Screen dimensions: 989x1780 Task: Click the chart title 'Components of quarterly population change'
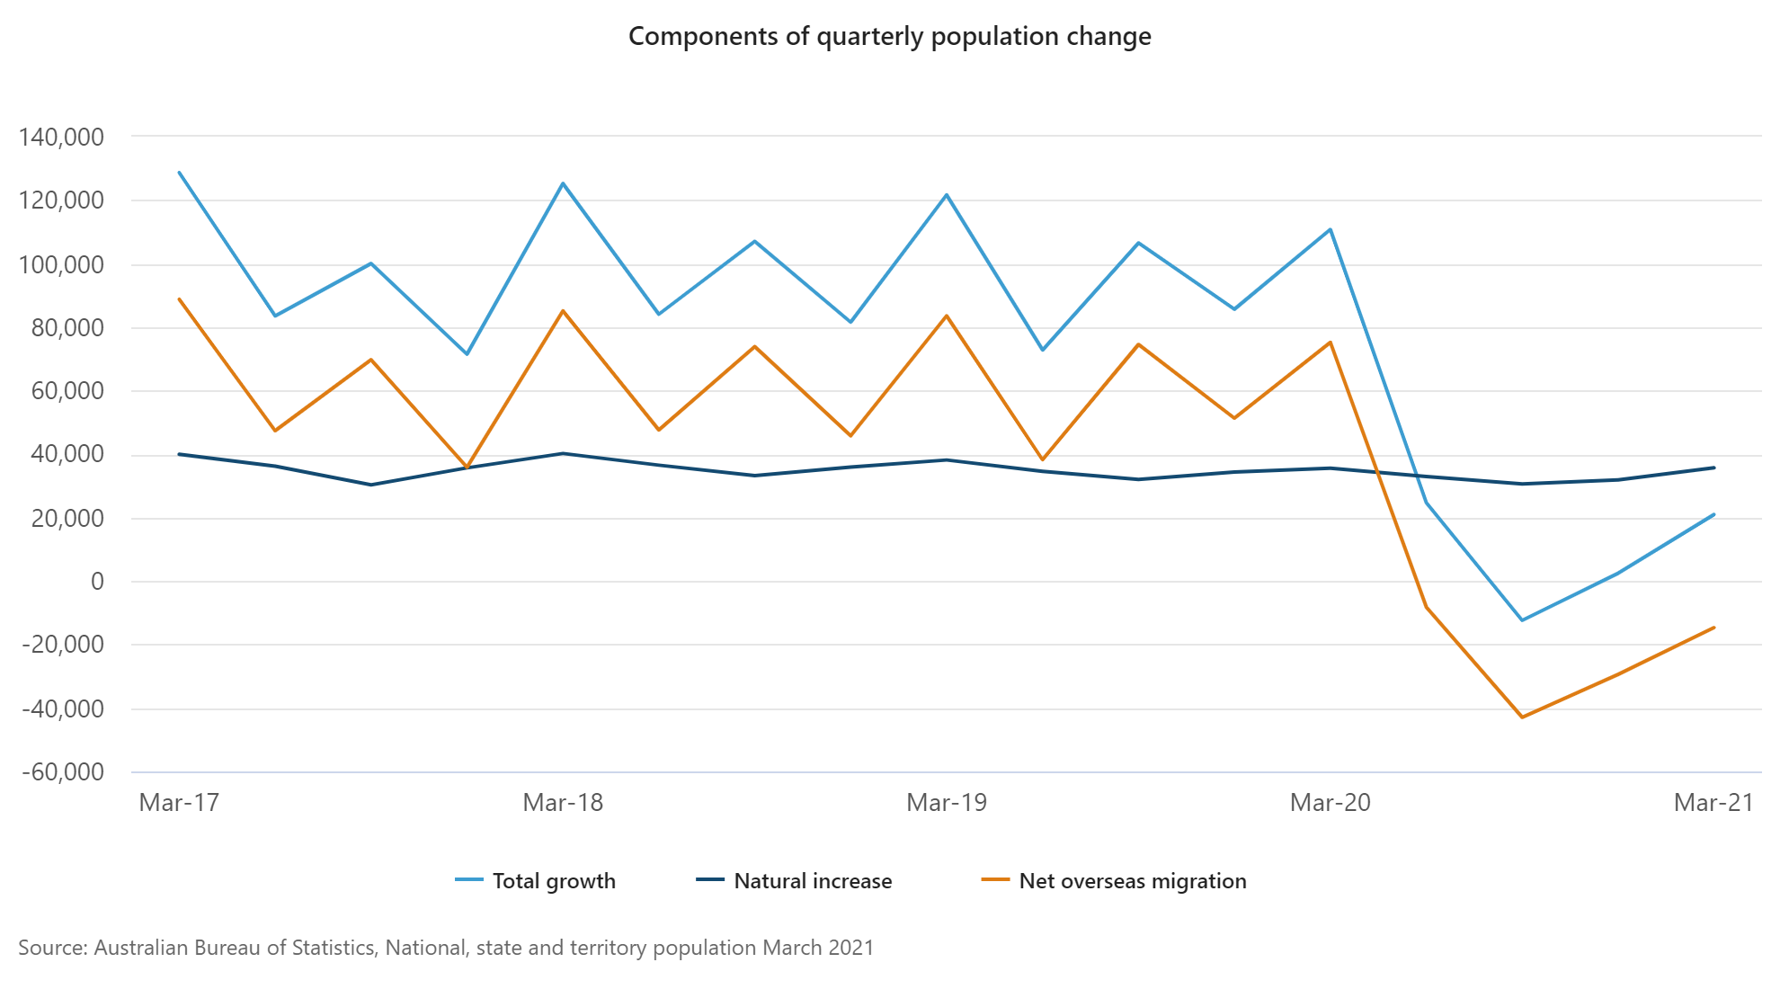(x=889, y=36)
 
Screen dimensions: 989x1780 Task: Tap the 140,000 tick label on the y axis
(x=61, y=138)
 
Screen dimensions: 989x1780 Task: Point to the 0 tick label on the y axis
(x=97, y=581)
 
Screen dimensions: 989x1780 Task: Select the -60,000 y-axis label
(x=61, y=771)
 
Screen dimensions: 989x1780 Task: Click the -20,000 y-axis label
(x=61, y=645)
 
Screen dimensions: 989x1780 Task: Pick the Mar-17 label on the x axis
(x=179, y=802)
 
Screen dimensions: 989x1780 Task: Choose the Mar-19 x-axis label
(x=947, y=802)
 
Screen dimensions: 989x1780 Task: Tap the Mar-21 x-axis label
(x=1713, y=802)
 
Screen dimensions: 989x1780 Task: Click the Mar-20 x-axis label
(x=1330, y=802)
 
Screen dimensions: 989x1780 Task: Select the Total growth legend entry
(x=554, y=881)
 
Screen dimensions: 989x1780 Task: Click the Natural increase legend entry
(x=813, y=881)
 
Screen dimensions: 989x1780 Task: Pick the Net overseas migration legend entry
(x=1132, y=881)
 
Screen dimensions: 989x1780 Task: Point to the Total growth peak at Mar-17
(x=180, y=172)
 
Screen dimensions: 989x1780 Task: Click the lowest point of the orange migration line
(x=1522, y=717)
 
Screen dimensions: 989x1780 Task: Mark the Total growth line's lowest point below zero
(x=1522, y=620)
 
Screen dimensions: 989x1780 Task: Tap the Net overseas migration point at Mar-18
(x=563, y=311)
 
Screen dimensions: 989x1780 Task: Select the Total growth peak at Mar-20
(x=1331, y=229)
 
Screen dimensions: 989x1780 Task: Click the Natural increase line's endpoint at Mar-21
(x=1713, y=468)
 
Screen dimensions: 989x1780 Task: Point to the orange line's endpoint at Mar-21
(x=1713, y=628)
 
